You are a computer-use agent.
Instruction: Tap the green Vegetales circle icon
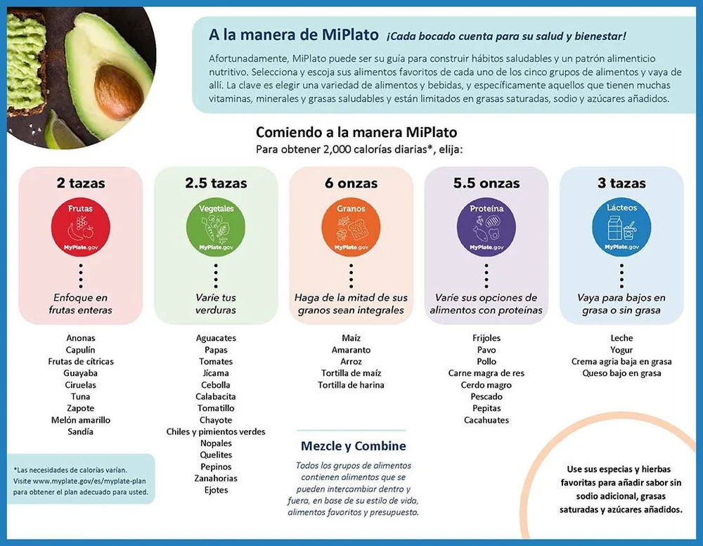click(216, 226)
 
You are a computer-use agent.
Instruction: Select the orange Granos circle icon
click(351, 226)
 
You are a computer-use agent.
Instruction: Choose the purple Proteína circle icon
click(486, 226)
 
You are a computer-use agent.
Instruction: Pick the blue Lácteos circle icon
click(621, 226)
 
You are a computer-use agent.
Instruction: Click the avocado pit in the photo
click(118, 91)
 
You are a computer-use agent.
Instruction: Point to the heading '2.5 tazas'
click(216, 183)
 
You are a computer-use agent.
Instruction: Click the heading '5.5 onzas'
click(486, 183)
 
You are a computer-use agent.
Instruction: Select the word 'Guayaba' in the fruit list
click(80, 373)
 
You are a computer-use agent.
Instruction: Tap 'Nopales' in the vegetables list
click(216, 443)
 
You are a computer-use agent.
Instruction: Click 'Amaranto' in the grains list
click(351, 350)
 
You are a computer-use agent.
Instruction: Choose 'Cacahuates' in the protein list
click(486, 420)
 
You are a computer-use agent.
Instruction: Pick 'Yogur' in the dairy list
click(621, 350)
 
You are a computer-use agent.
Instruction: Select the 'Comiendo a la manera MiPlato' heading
click(356, 132)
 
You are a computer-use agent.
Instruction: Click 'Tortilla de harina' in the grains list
click(351, 385)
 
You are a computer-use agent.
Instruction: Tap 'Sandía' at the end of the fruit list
click(80, 431)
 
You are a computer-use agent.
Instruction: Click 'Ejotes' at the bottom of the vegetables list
click(216, 490)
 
